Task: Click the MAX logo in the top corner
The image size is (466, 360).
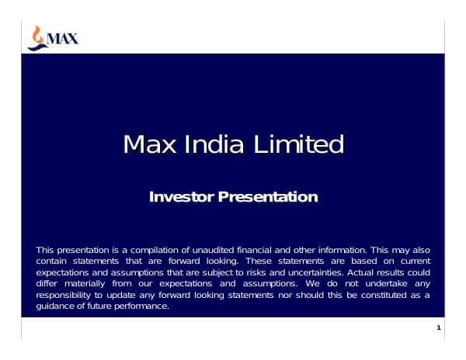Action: tap(53, 37)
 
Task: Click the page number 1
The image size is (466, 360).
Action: tap(438, 329)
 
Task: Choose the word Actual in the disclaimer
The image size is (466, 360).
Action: tap(363, 273)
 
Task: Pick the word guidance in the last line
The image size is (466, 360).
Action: tap(57, 306)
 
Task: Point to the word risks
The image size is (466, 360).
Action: tap(252, 273)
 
